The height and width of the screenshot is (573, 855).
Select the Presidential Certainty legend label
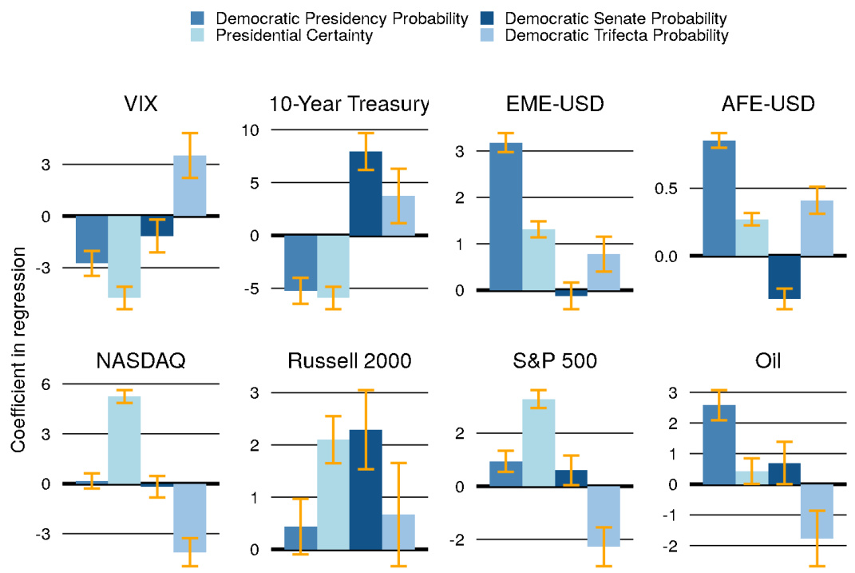[295, 35]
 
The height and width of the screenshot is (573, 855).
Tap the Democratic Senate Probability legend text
[616, 18]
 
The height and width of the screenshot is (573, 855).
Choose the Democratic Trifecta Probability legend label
[617, 35]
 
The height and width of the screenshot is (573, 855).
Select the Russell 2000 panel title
[349, 361]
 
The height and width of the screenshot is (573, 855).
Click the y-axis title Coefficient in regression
[17, 349]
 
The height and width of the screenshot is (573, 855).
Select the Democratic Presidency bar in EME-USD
[506, 217]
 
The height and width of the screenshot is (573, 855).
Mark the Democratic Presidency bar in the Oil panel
[719, 444]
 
